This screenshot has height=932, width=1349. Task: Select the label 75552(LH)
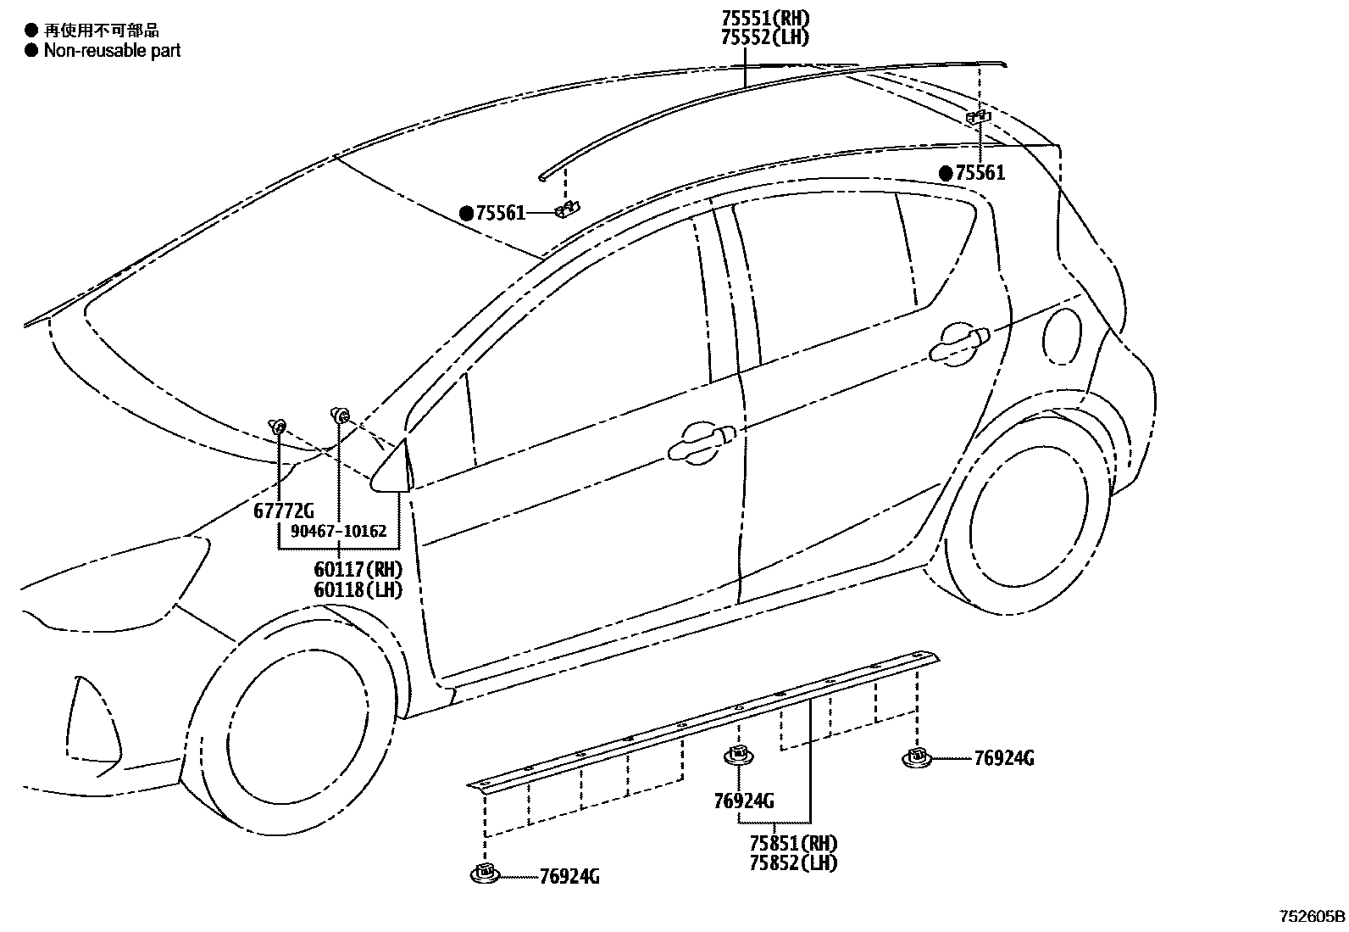(x=765, y=36)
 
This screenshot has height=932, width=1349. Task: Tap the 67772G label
(x=283, y=511)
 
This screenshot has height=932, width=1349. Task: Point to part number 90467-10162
(x=338, y=532)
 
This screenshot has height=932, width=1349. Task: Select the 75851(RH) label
(x=793, y=844)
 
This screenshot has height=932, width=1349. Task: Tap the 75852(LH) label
(x=793, y=862)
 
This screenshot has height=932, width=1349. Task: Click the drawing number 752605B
(x=1312, y=917)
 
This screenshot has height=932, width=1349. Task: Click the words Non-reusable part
(x=112, y=50)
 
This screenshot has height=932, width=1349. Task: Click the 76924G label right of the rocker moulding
(x=1004, y=758)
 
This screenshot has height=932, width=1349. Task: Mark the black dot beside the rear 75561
(x=946, y=174)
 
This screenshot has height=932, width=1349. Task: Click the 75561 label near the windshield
(x=500, y=214)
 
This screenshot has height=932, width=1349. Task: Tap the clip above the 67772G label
(x=278, y=425)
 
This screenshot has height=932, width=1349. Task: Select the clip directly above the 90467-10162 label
(x=340, y=415)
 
